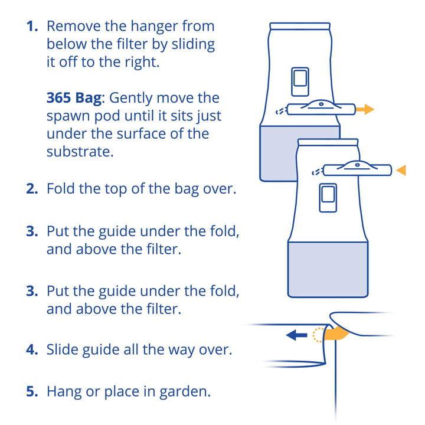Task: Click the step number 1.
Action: (x=32, y=27)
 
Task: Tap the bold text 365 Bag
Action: (x=74, y=98)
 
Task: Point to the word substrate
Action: (x=80, y=152)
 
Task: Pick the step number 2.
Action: (x=32, y=189)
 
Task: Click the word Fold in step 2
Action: (x=60, y=188)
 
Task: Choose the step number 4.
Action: (x=32, y=349)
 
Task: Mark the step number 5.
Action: (x=32, y=392)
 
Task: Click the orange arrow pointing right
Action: (x=365, y=110)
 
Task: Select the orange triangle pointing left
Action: (x=401, y=170)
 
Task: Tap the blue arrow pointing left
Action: (x=296, y=335)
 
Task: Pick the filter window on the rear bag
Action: (x=300, y=82)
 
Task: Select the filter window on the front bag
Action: (x=328, y=198)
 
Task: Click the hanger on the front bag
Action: (x=358, y=169)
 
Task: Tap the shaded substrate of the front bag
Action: (x=328, y=269)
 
